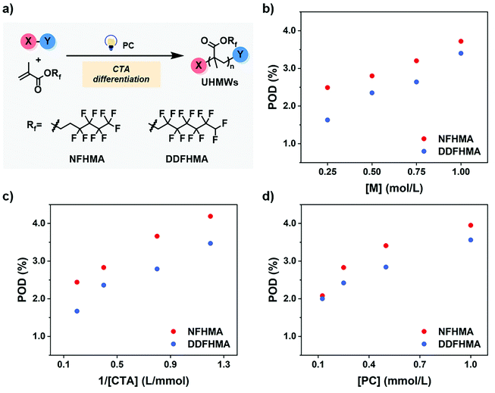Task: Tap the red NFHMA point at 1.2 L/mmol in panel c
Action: coord(210,217)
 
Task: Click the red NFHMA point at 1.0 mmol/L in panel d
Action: coord(470,225)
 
